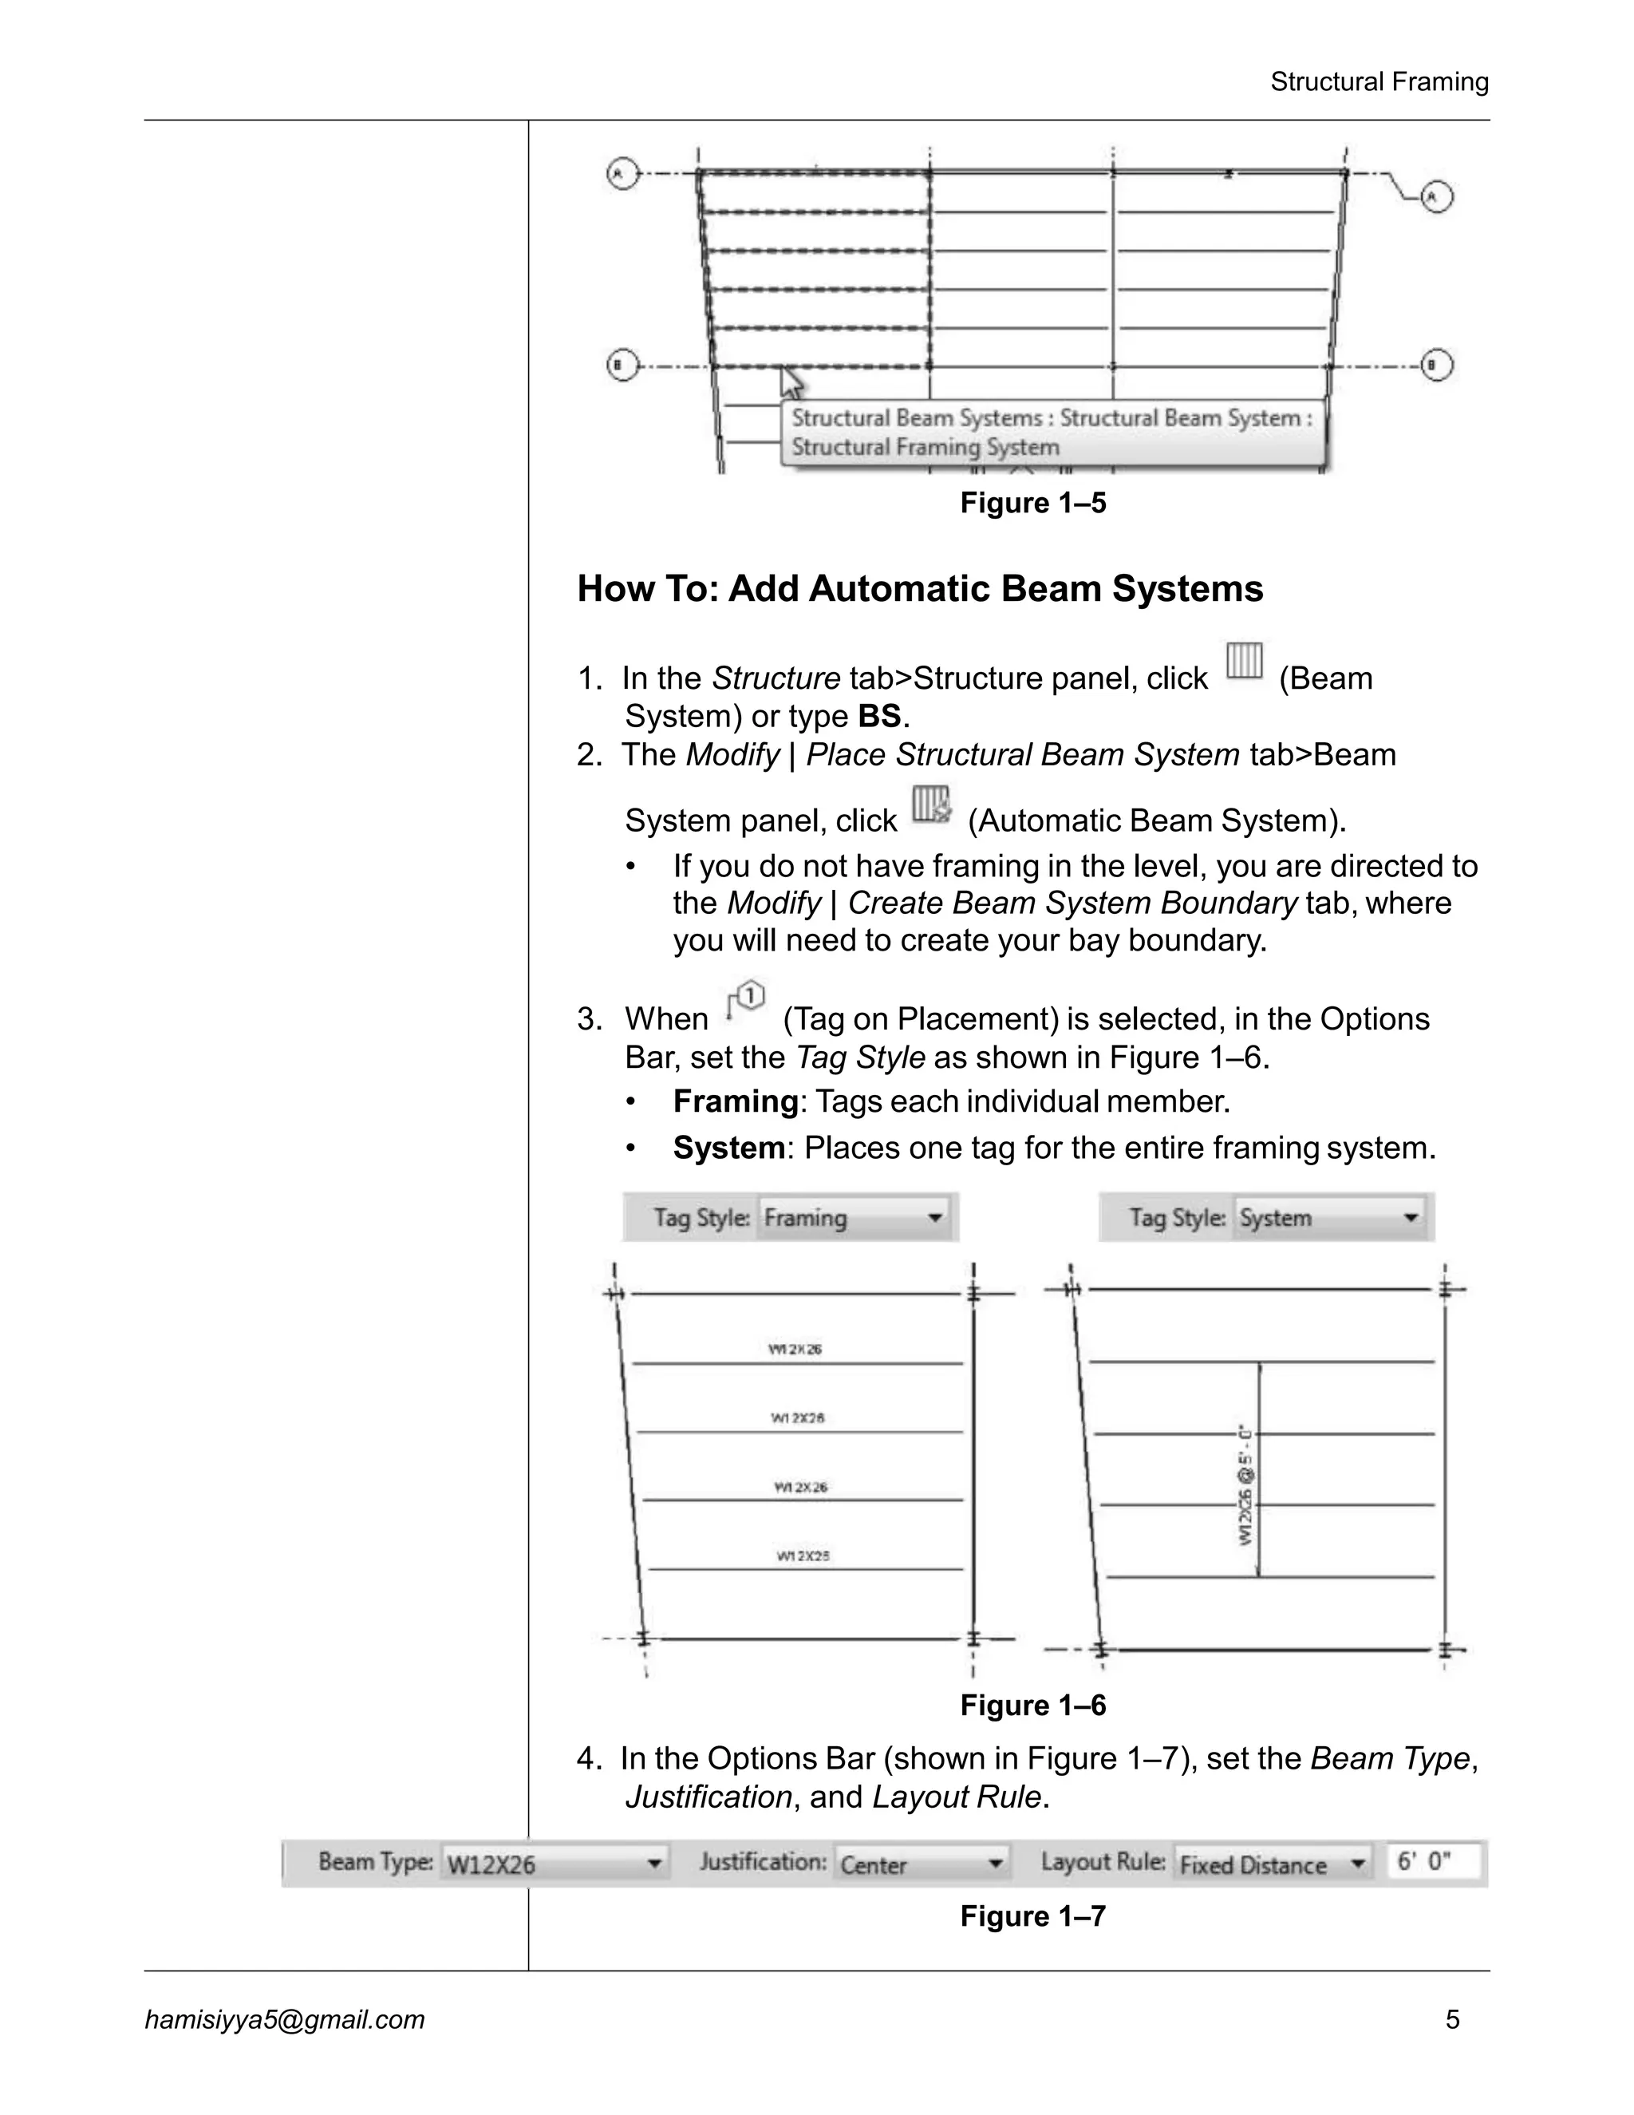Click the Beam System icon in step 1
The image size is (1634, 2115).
point(1244,662)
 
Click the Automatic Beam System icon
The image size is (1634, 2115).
point(931,804)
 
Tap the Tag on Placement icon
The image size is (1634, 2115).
point(745,1002)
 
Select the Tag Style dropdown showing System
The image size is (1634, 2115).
point(1330,1217)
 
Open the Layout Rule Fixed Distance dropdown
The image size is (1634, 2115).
point(1272,1864)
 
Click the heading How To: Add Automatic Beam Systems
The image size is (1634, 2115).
point(920,589)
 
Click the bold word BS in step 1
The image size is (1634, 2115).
point(879,717)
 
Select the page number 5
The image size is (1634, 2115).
point(1452,2019)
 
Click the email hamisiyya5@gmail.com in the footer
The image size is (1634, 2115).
point(285,2019)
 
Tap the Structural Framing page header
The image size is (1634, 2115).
point(1379,82)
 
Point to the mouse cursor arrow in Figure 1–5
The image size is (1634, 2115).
point(791,381)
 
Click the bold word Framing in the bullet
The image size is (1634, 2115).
point(735,1102)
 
